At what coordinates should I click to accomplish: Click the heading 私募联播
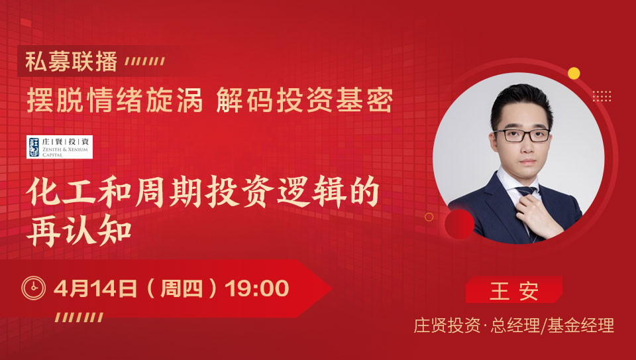pyautogui.click(x=72, y=61)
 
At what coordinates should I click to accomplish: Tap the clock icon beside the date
pyautogui.click(x=34, y=288)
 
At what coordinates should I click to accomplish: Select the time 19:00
pyautogui.click(x=257, y=288)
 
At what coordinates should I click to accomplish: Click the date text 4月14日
pyautogui.click(x=95, y=288)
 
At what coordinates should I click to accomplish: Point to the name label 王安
pyautogui.click(x=514, y=290)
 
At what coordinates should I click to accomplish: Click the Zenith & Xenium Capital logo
pyautogui.click(x=60, y=147)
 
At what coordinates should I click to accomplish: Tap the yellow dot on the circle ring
pyautogui.click(x=574, y=74)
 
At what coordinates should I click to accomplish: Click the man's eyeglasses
pyautogui.click(x=521, y=135)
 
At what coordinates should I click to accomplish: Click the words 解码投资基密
pyautogui.click(x=305, y=100)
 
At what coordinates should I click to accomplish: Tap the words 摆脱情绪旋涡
pyautogui.click(x=115, y=100)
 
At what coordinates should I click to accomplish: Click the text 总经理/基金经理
pyautogui.click(x=552, y=326)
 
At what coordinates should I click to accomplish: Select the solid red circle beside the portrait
pyautogui.click(x=459, y=225)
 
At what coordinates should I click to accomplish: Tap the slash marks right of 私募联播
pyautogui.click(x=145, y=61)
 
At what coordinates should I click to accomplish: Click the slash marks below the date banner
pyautogui.click(x=79, y=318)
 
